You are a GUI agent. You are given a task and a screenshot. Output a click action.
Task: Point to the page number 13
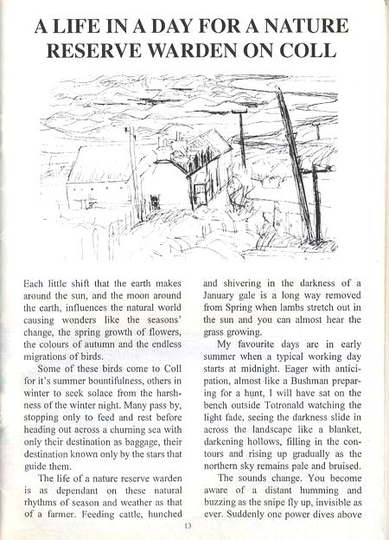(x=186, y=525)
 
